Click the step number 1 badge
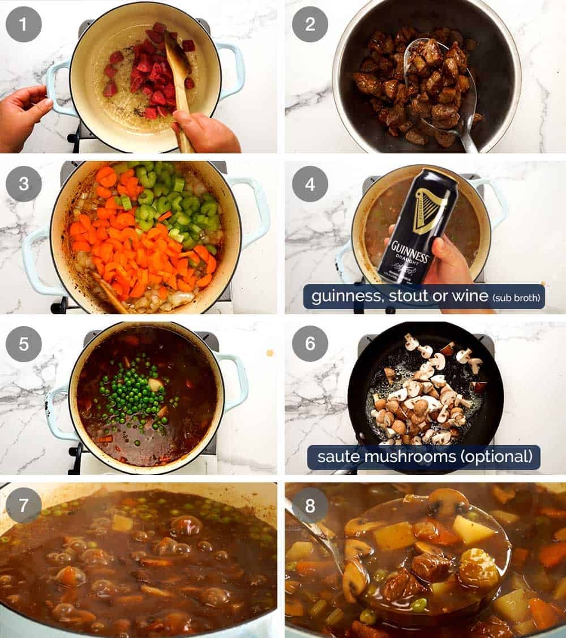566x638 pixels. pos(23,24)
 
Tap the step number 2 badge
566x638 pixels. pos(310,24)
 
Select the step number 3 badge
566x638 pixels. pos(23,184)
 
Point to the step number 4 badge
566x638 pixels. pos(310,184)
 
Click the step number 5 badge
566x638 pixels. pos(23,344)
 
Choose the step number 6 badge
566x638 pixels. pos(310,344)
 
